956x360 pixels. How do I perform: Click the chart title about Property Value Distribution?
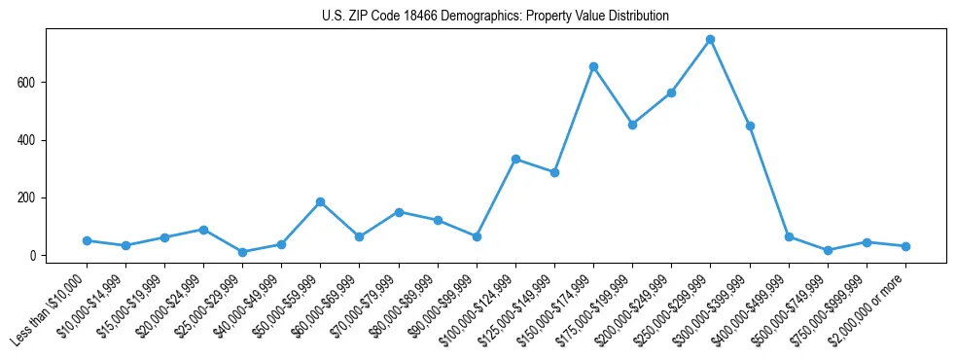point(495,17)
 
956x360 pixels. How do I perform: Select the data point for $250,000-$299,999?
point(710,40)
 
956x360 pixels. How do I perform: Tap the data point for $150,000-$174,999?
point(593,66)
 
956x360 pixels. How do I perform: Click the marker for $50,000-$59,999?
point(320,201)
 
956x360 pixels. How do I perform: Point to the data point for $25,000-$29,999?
point(242,252)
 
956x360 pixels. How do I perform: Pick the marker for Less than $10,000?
point(87,240)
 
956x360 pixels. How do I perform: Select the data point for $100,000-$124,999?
point(515,159)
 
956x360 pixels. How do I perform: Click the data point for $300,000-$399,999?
point(750,126)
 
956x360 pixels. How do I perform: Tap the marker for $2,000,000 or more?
point(905,246)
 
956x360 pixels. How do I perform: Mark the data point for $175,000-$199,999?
point(632,125)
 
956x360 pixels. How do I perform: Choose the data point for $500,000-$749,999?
point(828,250)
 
